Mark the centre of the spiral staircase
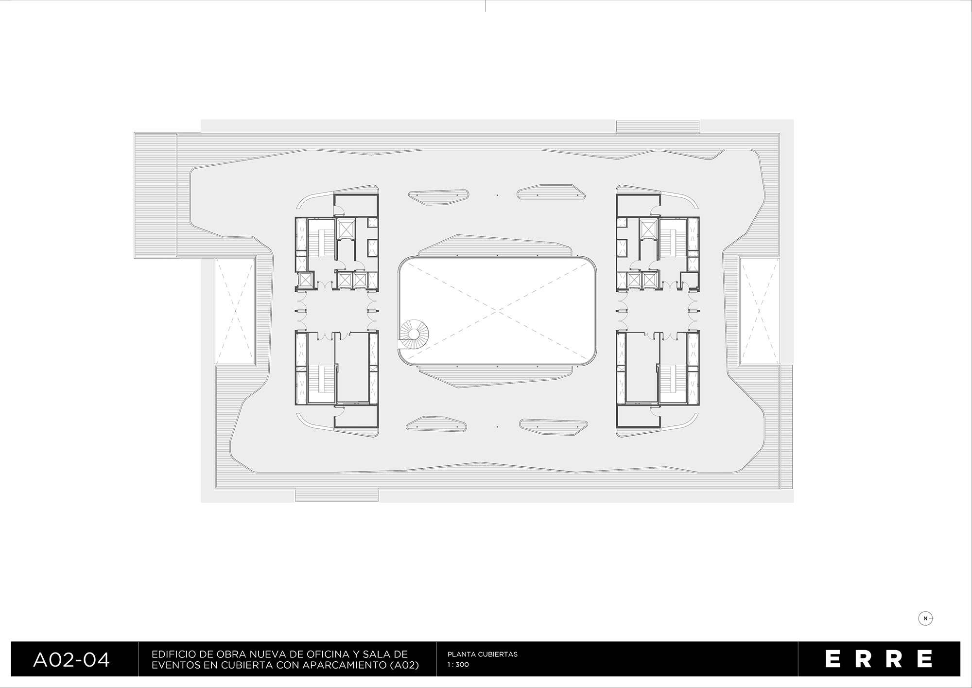point(414,334)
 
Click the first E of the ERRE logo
point(834,658)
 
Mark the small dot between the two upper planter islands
point(498,195)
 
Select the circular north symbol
point(926,618)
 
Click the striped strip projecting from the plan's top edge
point(658,126)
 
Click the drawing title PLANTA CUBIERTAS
point(482,654)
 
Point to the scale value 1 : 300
point(458,665)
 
